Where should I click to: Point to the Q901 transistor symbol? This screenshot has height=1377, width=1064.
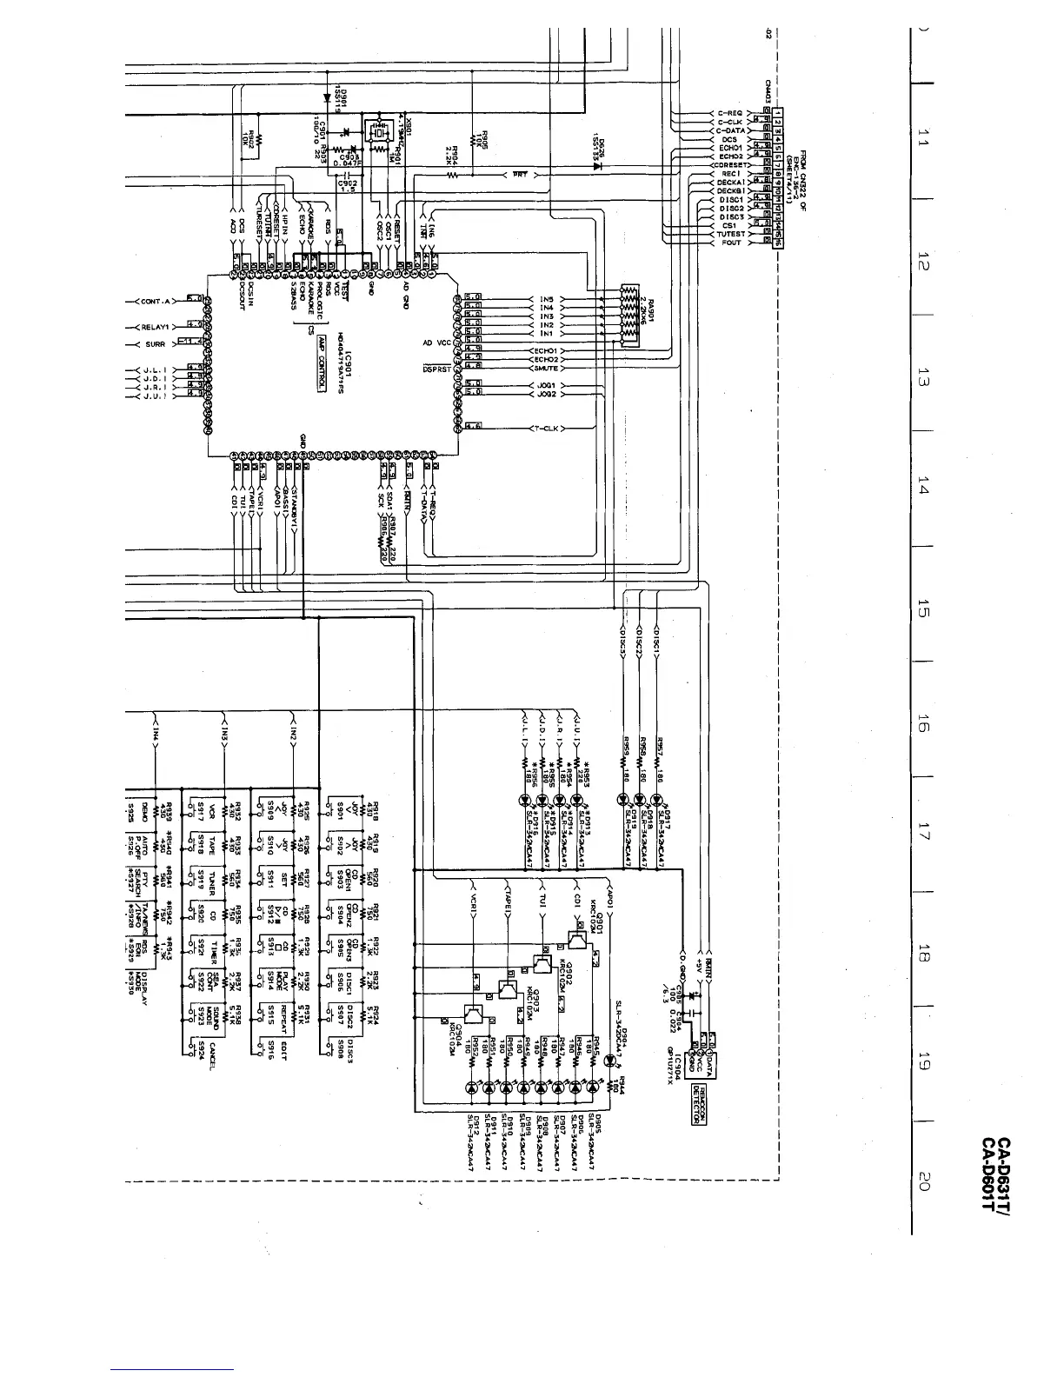575,941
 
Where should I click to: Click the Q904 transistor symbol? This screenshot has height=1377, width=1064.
473,1014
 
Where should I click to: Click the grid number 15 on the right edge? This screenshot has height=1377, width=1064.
924,614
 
